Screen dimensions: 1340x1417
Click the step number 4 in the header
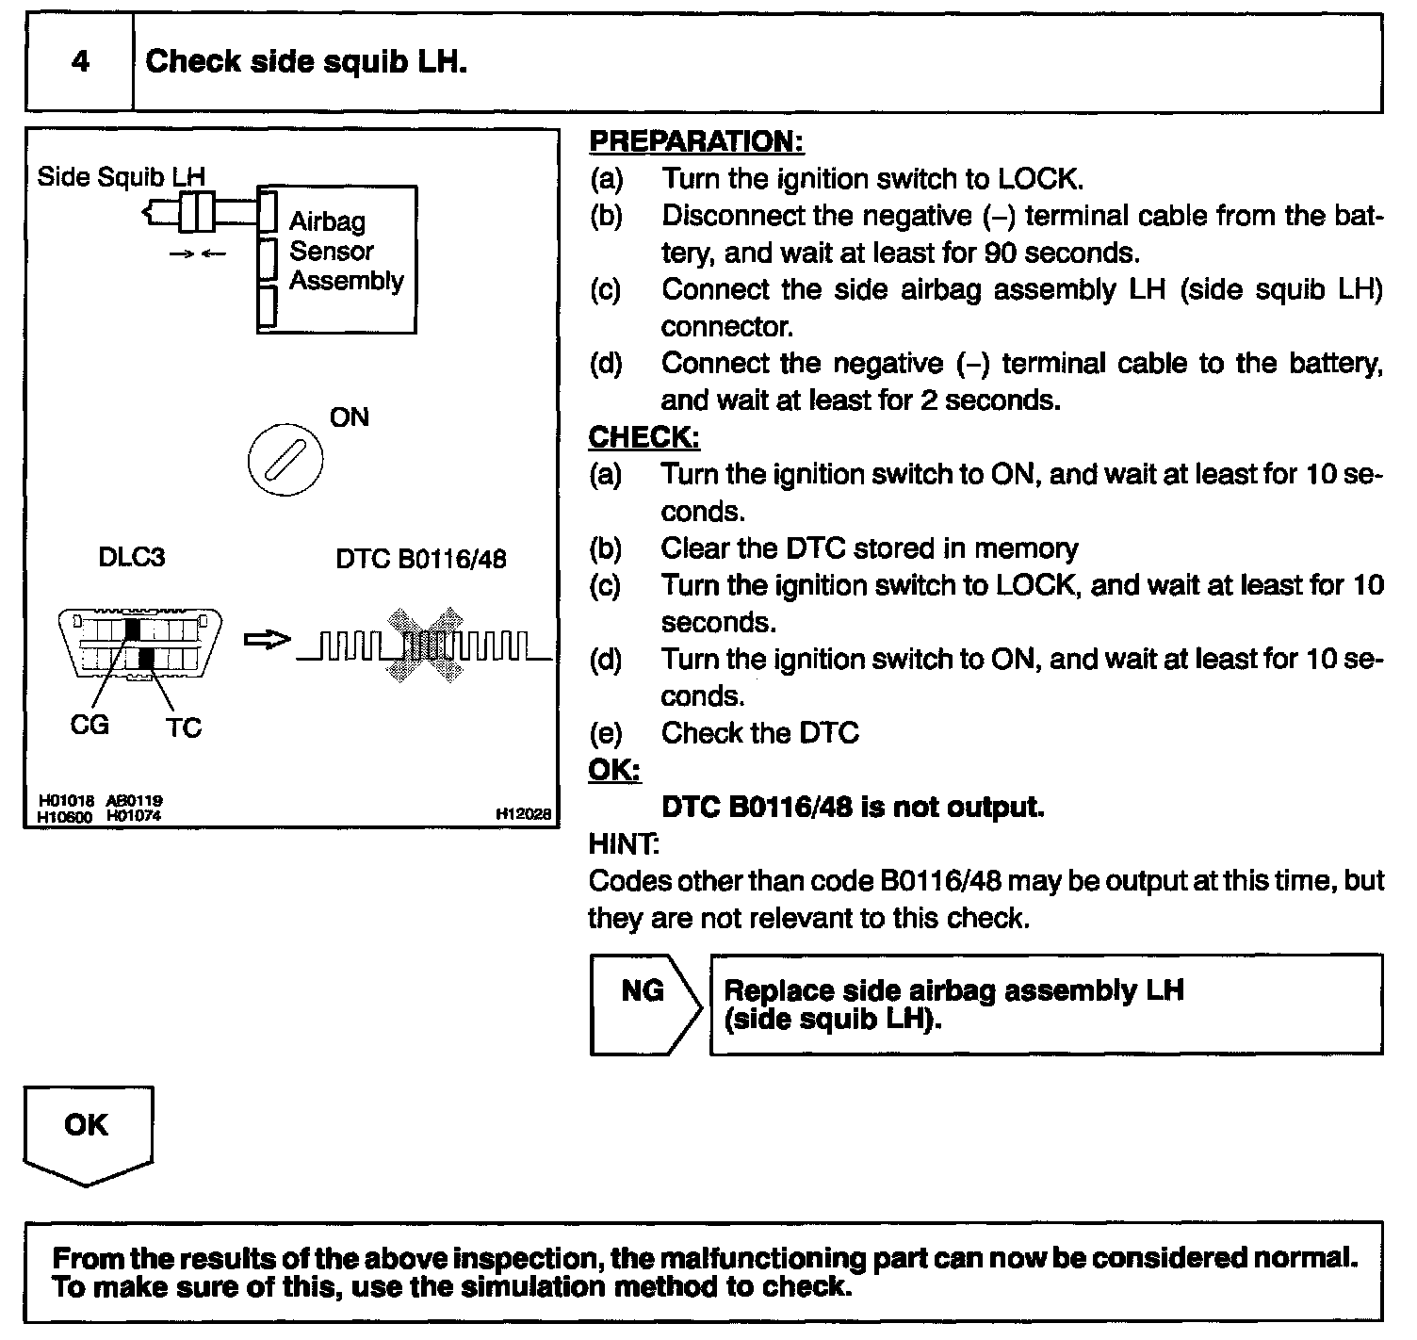80,62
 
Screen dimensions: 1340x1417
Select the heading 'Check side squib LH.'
306,62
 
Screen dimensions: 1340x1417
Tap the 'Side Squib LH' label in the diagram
121,176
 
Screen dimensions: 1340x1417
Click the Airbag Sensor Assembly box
336,259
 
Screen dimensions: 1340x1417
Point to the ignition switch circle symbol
285,461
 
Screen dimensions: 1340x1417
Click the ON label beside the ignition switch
350,417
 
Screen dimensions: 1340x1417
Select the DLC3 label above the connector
131,557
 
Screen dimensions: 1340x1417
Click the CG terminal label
90,725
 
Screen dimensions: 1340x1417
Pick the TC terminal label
184,727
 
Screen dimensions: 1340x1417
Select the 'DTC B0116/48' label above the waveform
420,560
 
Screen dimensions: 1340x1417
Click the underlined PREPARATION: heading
696,141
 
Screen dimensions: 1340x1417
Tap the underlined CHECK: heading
644,437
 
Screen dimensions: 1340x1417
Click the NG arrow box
644,1004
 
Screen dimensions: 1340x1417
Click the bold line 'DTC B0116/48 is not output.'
853,808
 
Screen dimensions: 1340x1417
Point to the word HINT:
624,842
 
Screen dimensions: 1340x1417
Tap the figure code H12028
524,814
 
